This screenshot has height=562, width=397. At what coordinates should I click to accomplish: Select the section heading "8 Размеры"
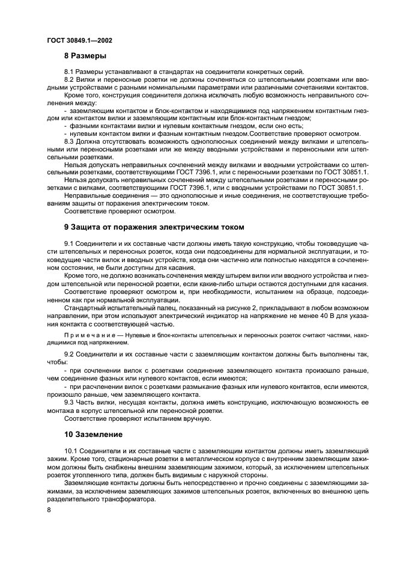tap(85, 57)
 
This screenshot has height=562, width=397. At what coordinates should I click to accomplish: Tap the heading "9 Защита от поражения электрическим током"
tap(154, 227)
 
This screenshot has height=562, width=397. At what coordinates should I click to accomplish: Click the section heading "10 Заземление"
tap(94, 434)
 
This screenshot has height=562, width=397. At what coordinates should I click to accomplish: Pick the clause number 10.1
tap(71, 450)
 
